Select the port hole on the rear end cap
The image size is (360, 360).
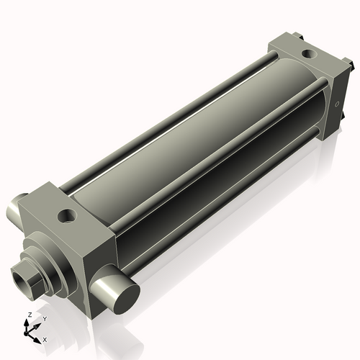pyautogui.click(x=308, y=53)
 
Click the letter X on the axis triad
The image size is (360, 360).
pyautogui.click(x=45, y=338)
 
